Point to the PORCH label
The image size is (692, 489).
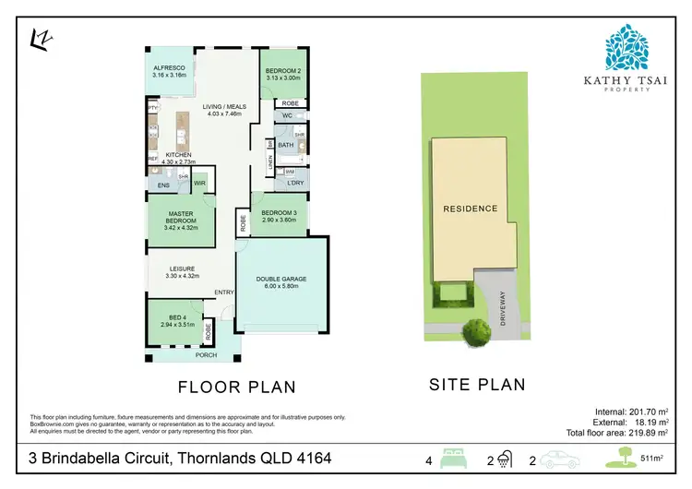(205, 355)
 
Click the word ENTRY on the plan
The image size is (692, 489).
(223, 292)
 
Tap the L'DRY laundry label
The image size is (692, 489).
(295, 184)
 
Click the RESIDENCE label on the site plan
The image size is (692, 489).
(471, 209)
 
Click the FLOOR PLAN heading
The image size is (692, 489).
(237, 387)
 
